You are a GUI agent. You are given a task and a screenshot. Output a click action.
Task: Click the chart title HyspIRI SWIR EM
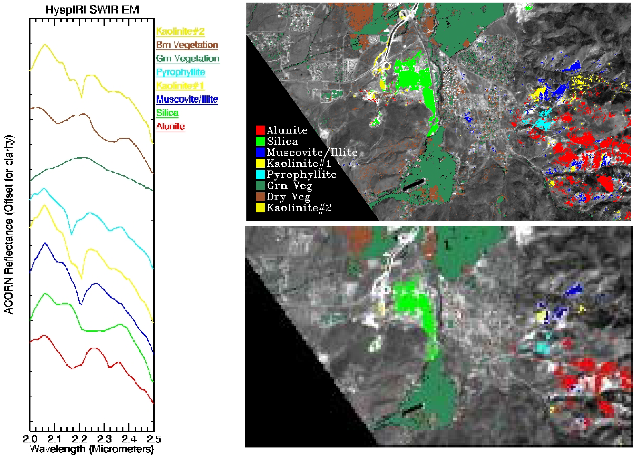pyautogui.click(x=92, y=10)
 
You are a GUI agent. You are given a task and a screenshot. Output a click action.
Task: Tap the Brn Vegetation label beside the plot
pyautogui.click(x=187, y=45)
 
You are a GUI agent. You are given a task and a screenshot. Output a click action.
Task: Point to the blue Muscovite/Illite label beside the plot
pyautogui.click(x=187, y=99)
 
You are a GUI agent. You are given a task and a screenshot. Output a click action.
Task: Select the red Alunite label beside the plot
pyautogui.click(x=170, y=126)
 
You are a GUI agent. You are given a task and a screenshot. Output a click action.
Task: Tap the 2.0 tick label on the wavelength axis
pyautogui.click(x=30, y=439)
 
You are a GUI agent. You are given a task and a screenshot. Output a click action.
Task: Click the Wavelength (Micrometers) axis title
pyautogui.click(x=92, y=449)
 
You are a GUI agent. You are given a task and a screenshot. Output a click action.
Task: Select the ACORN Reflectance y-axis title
pyautogui.click(x=9, y=224)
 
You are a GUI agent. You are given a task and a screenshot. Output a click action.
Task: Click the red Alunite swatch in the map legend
pyautogui.click(x=260, y=130)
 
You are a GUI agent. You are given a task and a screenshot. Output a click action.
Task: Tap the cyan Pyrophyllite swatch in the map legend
pyautogui.click(x=260, y=174)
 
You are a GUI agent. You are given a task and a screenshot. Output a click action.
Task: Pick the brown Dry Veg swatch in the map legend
pyautogui.click(x=260, y=197)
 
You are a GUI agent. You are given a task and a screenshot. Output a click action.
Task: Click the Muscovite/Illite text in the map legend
pyautogui.click(x=312, y=152)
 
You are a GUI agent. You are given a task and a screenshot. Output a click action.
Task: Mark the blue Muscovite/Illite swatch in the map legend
pyautogui.click(x=260, y=152)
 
